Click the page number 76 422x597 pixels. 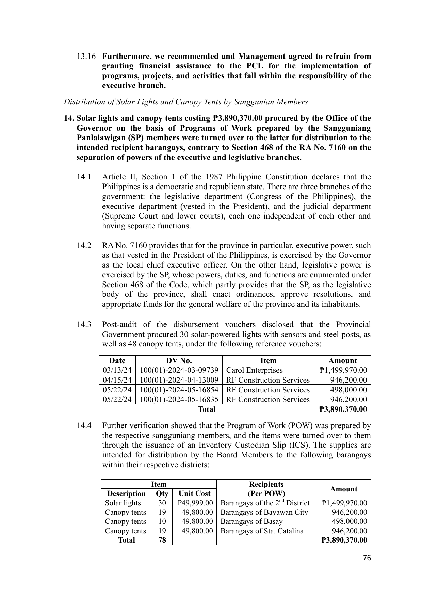pyautogui.click(x=367, y=558)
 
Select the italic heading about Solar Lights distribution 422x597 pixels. pyautogui.click(x=186, y=102)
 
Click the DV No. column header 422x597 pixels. pyautogui.click(x=179, y=361)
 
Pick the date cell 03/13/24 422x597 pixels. pyautogui.click(x=117, y=370)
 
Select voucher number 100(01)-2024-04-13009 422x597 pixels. pyautogui.click(x=179, y=380)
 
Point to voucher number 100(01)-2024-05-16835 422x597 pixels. pyautogui.click(x=179, y=400)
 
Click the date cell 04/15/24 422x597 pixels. pyautogui.click(x=117, y=380)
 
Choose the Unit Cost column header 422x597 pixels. pyautogui.click(x=194, y=494)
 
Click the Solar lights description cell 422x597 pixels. pyautogui.click(x=123, y=503)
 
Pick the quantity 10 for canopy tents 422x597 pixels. pyautogui.click(x=162, y=521)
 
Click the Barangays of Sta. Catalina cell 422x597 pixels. pyautogui.click(x=262, y=531)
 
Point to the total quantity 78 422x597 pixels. pyautogui.click(x=162, y=540)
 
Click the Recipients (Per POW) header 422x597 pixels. pyautogui.click(x=266, y=489)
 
